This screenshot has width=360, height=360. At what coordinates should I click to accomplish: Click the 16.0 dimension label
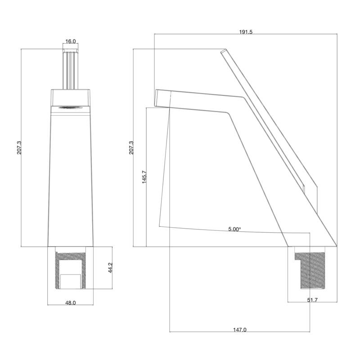point(71,41)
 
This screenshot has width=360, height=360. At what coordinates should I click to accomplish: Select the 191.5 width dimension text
point(246,32)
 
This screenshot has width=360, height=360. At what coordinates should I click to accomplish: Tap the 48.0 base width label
point(71,303)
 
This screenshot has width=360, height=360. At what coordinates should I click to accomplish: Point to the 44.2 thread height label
point(110,268)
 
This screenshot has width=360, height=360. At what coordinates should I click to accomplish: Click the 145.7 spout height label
point(144,177)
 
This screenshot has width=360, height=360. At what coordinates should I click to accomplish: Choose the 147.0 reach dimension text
point(240,330)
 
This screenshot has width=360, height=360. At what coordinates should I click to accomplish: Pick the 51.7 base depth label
point(312,300)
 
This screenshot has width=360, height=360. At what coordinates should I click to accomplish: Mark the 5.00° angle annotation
point(234,229)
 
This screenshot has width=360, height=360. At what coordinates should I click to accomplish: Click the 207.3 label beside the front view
point(19,148)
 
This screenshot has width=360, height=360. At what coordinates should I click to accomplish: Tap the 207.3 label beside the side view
point(131,148)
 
